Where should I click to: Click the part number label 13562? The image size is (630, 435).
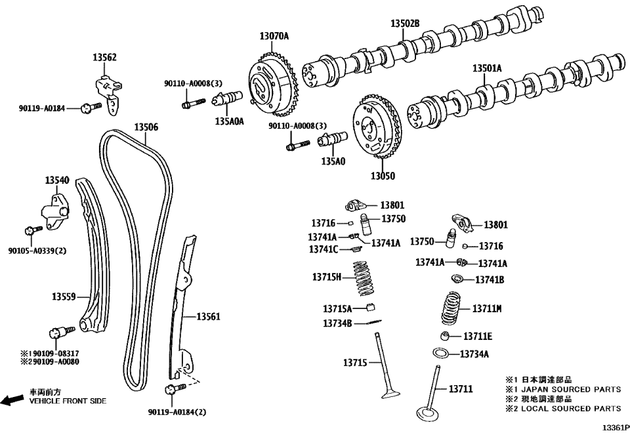pyautogui.click(x=104, y=58)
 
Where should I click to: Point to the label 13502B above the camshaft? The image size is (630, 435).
pyautogui.click(x=405, y=24)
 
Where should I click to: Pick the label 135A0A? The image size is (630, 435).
pyautogui.click(x=229, y=121)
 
